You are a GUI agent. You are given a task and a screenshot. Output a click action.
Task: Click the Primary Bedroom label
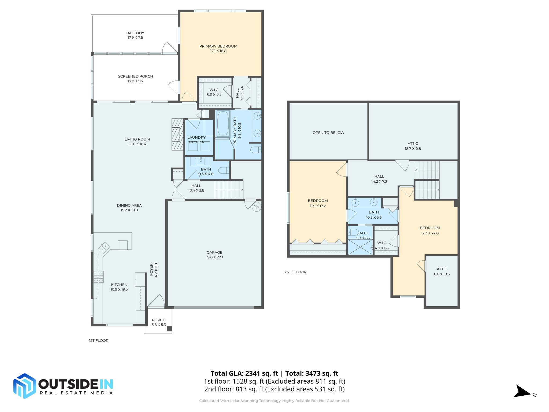[218, 46]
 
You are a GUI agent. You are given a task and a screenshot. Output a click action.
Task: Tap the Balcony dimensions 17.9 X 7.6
[135, 38]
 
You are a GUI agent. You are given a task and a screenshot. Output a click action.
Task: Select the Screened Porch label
[135, 76]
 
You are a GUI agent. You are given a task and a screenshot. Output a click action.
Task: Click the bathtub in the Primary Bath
[223, 124]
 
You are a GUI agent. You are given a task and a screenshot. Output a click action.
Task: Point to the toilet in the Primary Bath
[255, 149]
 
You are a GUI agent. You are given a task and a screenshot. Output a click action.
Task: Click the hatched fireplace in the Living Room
[177, 134]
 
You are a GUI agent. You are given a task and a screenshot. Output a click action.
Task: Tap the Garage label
[214, 252]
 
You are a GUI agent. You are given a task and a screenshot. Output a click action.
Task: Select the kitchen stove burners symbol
[98, 277]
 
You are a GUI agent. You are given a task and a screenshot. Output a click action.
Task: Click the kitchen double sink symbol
[104, 248]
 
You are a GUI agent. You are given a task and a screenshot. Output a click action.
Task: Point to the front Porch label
[159, 320]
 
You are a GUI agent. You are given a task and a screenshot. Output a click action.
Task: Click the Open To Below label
[328, 133]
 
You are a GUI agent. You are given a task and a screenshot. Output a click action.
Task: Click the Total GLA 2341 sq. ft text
[244, 373]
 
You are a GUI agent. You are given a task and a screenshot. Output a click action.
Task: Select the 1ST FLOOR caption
[99, 341]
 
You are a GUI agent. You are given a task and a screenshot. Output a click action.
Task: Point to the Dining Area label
[129, 205]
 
